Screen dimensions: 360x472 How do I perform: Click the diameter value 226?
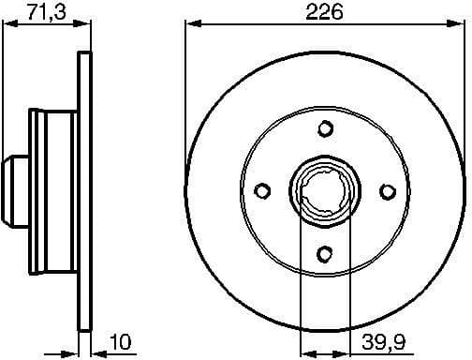324,12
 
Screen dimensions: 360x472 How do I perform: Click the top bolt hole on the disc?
324,128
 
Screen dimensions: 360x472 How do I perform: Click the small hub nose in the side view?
12,190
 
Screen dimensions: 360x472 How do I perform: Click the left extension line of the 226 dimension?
185,94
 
